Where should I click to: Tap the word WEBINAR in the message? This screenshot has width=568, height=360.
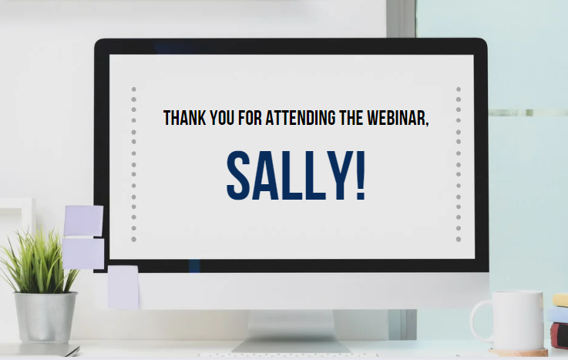coord(398,118)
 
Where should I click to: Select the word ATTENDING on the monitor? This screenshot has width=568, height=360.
coord(301,118)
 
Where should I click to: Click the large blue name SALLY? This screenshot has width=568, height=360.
coord(291,175)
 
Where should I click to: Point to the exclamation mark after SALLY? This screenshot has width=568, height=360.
coord(361,175)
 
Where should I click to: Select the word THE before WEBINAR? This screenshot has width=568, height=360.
coord(351,118)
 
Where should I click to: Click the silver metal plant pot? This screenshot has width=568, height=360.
coord(45,318)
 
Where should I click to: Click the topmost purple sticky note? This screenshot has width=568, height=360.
coord(84,220)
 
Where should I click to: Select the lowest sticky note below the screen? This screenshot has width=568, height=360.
coord(123,288)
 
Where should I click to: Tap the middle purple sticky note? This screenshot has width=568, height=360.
coord(83,253)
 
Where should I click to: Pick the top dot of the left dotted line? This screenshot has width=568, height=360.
coord(133,89)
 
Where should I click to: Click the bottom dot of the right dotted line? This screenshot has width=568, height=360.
coord(459,239)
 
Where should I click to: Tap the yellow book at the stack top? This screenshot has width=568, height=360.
coord(560,300)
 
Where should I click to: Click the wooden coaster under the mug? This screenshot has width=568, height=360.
coord(518,352)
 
